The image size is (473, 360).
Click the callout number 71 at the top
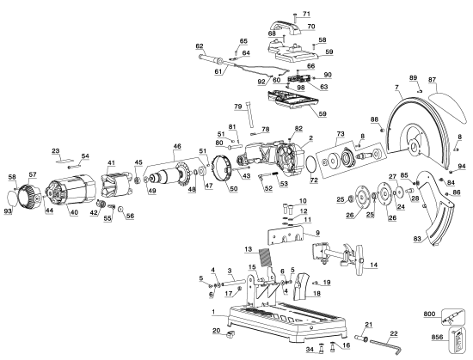click(x=306, y=14)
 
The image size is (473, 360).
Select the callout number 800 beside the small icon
click(x=429, y=314)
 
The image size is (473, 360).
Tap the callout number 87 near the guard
click(x=433, y=80)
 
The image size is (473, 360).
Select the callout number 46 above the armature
click(x=178, y=148)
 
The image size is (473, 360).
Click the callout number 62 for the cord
click(x=200, y=46)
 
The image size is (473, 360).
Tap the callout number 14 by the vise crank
click(x=374, y=265)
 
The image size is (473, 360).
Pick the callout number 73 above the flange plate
click(x=341, y=135)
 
